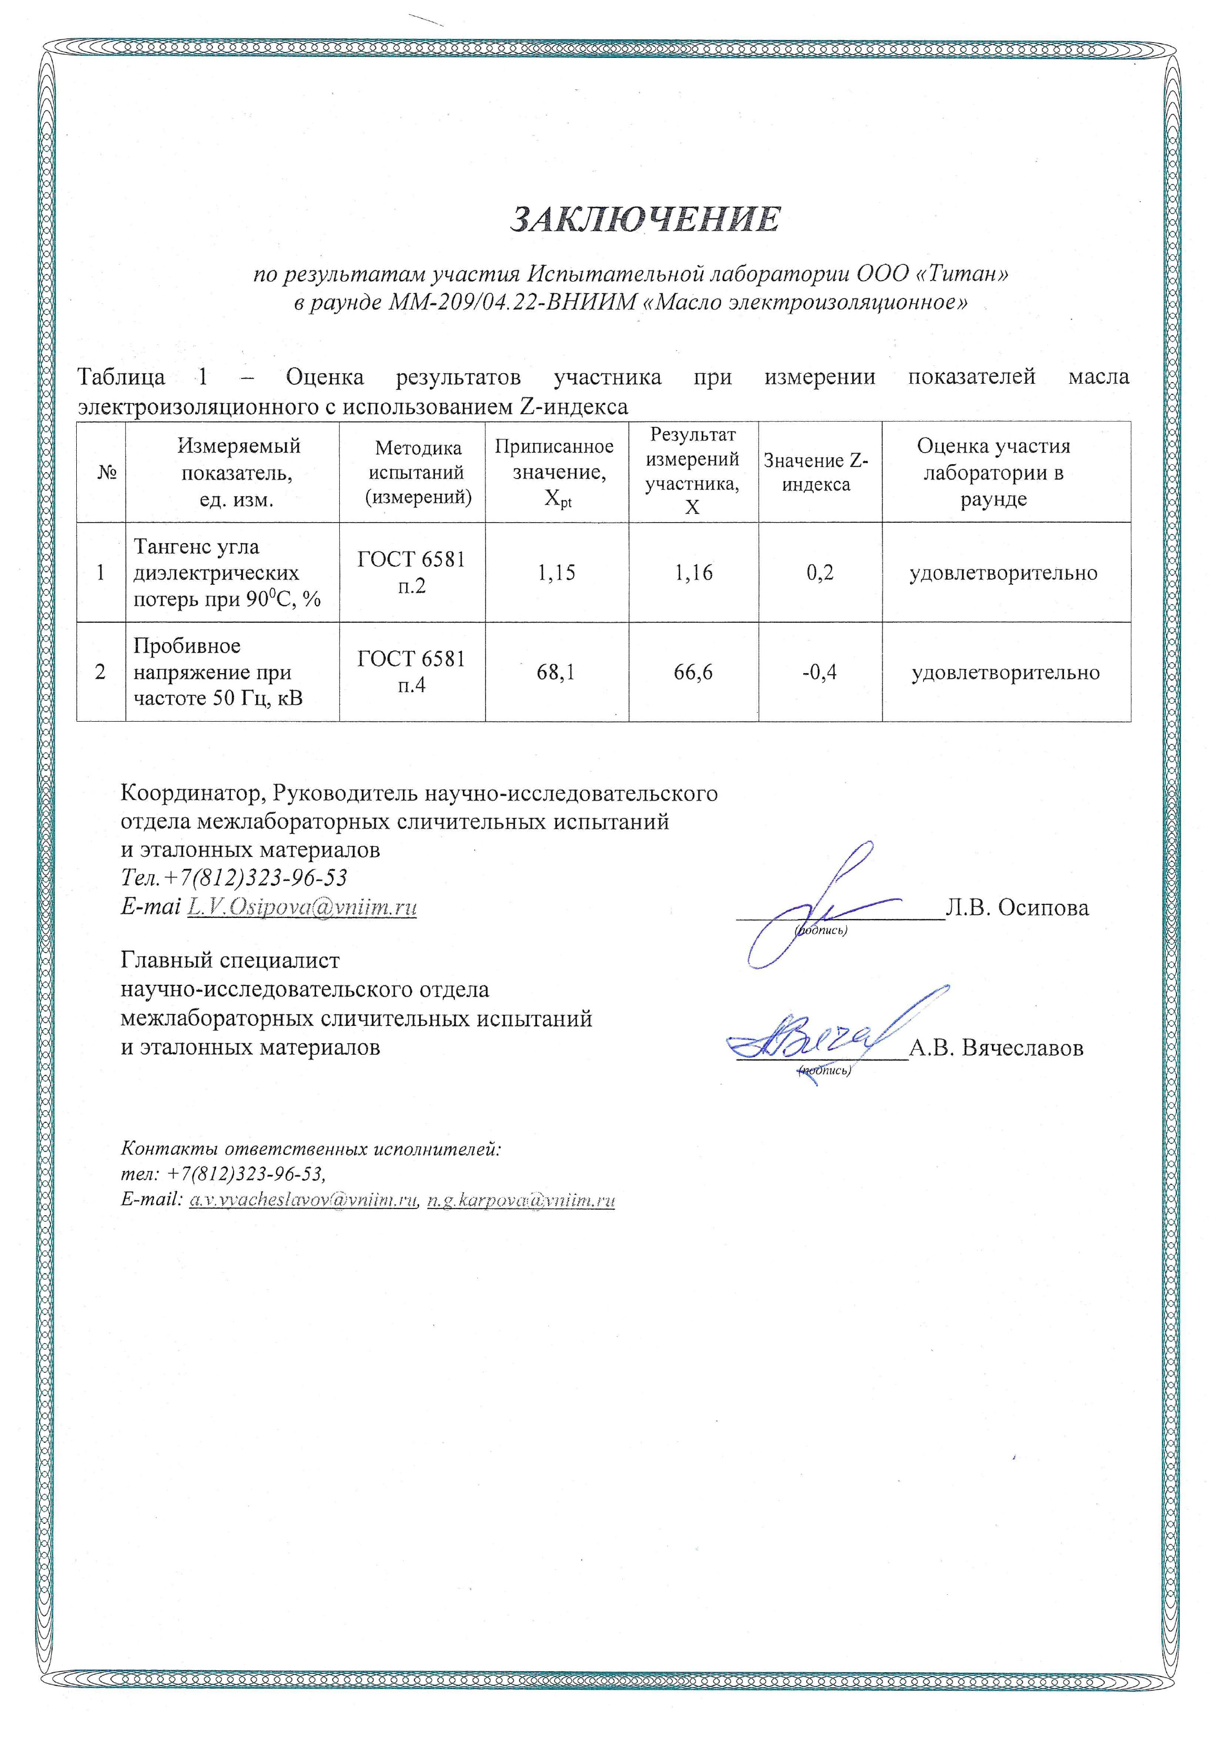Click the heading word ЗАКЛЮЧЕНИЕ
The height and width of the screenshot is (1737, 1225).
[645, 219]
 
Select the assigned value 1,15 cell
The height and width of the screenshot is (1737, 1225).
[556, 573]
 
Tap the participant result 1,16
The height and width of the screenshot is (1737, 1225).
[693, 573]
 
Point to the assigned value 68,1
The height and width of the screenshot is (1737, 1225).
[556, 672]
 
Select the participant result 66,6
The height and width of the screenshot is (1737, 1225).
[693, 672]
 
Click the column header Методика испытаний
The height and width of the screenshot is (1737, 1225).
[418, 472]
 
